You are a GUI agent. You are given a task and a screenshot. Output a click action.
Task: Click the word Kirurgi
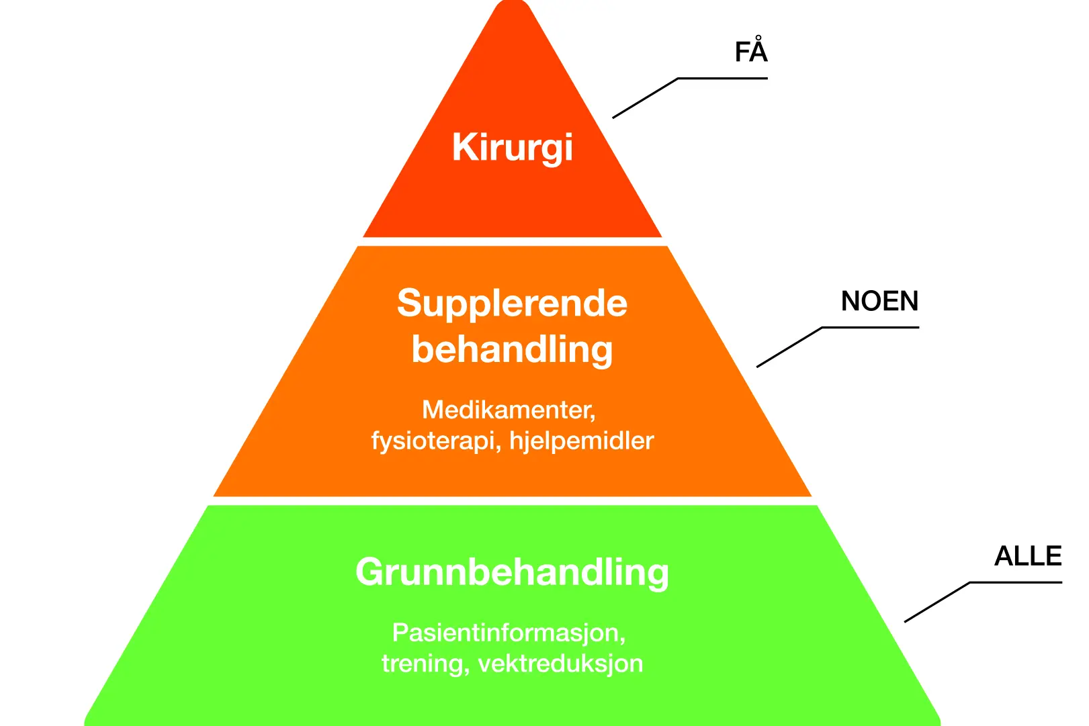pyautogui.click(x=512, y=148)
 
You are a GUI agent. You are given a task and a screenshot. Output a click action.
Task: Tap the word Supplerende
pyautogui.click(x=512, y=304)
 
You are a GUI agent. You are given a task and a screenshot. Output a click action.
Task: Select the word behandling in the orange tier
pyautogui.click(x=512, y=349)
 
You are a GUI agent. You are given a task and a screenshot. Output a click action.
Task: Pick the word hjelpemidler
pyautogui.click(x=582, y=441)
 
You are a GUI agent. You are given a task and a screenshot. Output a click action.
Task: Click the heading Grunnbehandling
pyautogui.click(x=512, y=572)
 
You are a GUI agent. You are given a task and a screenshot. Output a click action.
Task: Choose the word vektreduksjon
pyautogui.click(x=560, y=664)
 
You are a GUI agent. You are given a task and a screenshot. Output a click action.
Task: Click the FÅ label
pyautogui.click(x=751, y=52)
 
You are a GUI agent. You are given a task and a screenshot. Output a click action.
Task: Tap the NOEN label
pyautogui.click(x=879, y=302)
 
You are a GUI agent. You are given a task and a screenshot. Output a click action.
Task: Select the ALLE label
pyautogui.click(x=1028, y=556)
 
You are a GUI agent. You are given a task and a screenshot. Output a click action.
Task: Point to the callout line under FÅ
pyautogui.click(x=722, y=79)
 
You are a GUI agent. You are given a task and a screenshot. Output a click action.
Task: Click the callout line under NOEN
pyautogui.click(x=870, y=328)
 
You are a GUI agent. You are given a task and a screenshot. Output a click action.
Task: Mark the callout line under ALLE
pyautogui.click(x=1015, y=582)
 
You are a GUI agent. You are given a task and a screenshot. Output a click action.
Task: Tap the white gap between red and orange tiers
pyautogui.click(x=512, y=242)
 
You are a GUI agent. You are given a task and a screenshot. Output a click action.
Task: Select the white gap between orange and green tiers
pyautogui.click(x=512, y=501)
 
